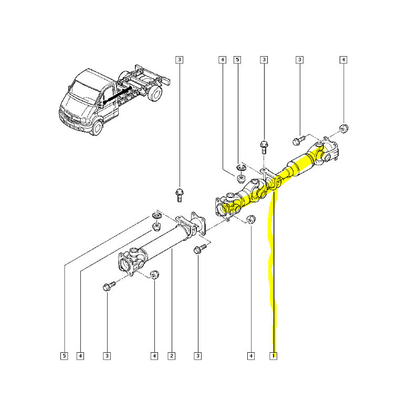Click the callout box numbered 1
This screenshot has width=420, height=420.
pos(273,356)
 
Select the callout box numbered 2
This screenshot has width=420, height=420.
pos(171,356)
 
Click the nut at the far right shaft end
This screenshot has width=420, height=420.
pos(344,128)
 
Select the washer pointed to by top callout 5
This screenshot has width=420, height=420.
pos(241,168)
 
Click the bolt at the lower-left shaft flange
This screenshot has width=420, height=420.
pos(108,287)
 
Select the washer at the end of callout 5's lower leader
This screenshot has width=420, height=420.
pos(156,215)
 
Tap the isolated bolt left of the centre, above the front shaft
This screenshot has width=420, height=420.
pos(179,194)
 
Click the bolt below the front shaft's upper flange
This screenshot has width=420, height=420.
pos(199,250)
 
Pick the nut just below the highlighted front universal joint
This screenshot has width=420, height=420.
pos(250,219)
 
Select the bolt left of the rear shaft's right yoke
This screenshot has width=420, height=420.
pos(297,140)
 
